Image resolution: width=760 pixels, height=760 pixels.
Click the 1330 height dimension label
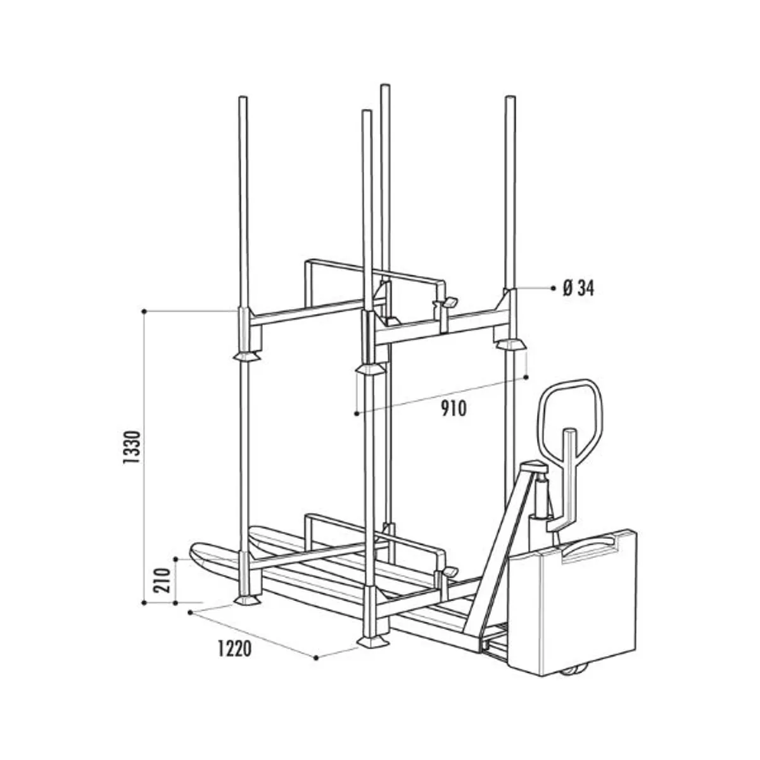(132, 447)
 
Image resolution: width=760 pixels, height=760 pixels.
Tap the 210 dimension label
(161, 580)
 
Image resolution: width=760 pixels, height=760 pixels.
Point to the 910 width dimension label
(453, 408)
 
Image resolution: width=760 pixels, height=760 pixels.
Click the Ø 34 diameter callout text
(578, 289)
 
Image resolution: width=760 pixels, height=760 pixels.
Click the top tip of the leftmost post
(243, 98)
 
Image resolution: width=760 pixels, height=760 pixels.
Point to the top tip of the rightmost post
(510, 98)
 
